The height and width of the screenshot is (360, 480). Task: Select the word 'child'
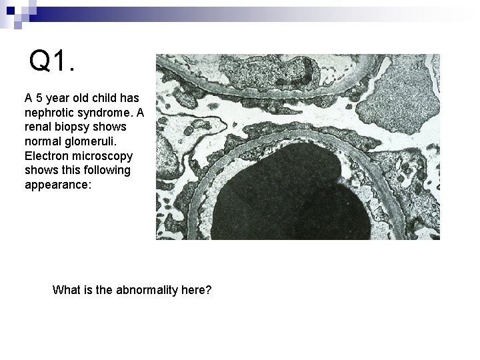[101, 97]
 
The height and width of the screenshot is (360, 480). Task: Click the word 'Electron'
[46, 156]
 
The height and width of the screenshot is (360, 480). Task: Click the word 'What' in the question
[66, 290]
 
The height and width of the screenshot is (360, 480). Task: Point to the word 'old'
[79, 97]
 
